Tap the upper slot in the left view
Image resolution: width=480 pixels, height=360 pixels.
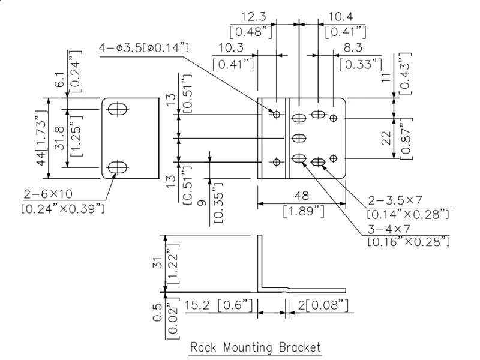119,109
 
